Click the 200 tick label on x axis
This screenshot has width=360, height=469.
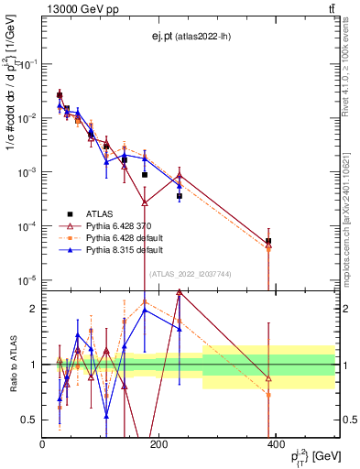(158, 443)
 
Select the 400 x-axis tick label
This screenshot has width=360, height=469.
(275, 443)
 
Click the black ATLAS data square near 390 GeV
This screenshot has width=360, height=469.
(268, 242)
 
